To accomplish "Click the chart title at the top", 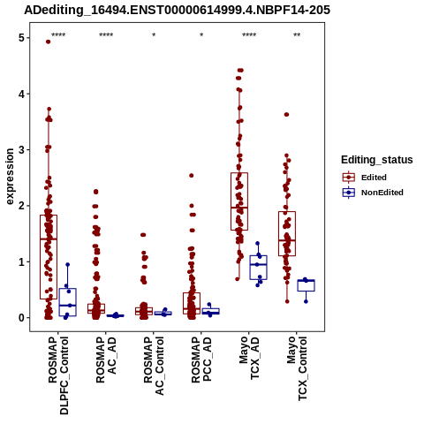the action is coord(177,10).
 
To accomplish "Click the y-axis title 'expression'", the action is coord(10,177).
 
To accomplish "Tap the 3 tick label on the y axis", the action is coord(21,149).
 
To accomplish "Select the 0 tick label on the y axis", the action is coord(21,318).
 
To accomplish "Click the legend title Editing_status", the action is coord(377,160).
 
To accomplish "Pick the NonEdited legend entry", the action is coord(373,193).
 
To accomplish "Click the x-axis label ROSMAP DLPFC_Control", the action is coord(58,375).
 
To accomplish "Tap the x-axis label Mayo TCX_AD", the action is coord(249,358).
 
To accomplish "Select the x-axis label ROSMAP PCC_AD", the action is coord(201,360).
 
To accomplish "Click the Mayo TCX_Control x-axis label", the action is coord(297,368).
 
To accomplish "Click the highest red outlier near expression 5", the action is coord(49,42).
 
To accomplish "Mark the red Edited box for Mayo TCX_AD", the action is coord(239,201).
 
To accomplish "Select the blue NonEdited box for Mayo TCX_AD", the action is coord(258,268).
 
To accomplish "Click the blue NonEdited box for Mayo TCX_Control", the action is coord(306,285).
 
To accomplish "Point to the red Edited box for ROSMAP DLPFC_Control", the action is coord(49,257).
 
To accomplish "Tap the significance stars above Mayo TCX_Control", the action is coord(297,35).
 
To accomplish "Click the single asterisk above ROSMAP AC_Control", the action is coord(154,35).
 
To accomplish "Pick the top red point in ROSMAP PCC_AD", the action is coord(191,176).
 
